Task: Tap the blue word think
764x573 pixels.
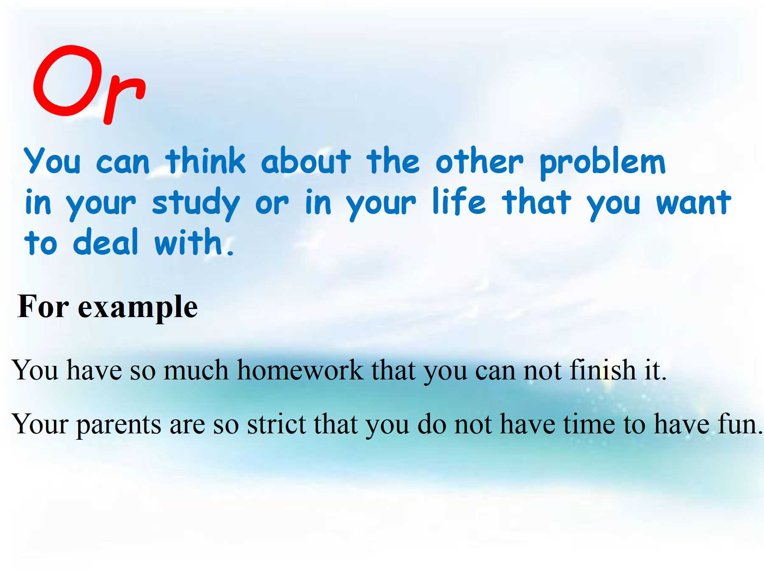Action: coord(206,161)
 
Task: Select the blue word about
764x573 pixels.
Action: coord(306,161)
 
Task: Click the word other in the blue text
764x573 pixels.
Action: coord(479,161)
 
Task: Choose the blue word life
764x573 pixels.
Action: coord(459,201)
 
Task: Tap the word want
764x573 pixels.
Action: coord(694,202)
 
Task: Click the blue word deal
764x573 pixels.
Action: coord(106,241)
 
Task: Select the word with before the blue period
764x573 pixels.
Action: coord(188,241)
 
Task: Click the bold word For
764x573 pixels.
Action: coord(43,306)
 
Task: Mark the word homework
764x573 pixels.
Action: coord(301,370)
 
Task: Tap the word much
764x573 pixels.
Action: coord(197,370)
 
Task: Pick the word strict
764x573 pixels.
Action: coord(276,424)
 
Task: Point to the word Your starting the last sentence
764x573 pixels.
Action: coord(40,424)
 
